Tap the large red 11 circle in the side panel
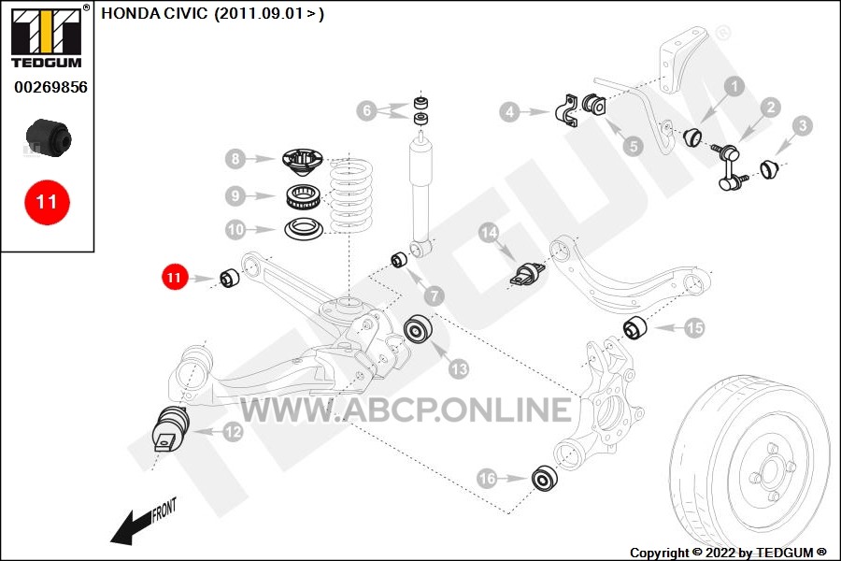click(x=47, y=202)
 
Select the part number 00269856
click(x=50, y=88)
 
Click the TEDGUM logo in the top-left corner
click(x=48, y=37)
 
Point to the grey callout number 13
click(x=459, y=368)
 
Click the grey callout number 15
click(x=694, y=327)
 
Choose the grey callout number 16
click(x=487, y=478)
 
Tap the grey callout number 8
click(x=235, y=159)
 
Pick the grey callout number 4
click(x=509, y=111)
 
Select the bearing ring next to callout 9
click(x=304, y=196)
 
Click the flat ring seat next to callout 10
click(x=304, y=229)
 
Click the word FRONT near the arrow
click(x=164, y=510)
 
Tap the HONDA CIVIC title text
click(x=212, y=13)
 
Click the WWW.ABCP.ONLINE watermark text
click(x=406, y=410)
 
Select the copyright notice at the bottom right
click(x=728, y=553)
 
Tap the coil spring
click(x=351, y=195)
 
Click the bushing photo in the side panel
click(x=49, y=138)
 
